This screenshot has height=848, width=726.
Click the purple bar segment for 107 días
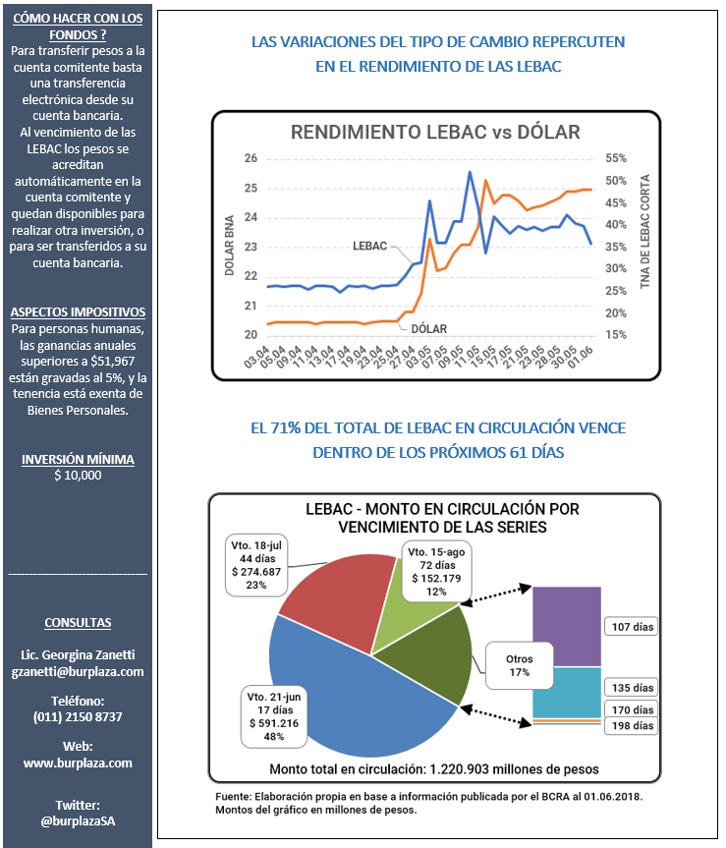567,626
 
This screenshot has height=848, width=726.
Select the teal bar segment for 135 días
567,693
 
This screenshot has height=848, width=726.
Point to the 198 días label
633,726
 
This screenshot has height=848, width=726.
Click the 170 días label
633,709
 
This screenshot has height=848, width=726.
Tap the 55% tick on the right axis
616,158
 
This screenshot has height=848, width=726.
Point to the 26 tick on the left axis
251,158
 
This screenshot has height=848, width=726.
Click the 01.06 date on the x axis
581,357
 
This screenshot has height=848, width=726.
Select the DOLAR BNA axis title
229,246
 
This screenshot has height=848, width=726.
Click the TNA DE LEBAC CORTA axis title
644,232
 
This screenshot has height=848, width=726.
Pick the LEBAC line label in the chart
369,246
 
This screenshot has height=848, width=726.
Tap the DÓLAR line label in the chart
429,329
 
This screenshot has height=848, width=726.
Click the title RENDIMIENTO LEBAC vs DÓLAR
435,133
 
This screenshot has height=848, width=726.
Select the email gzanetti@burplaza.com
78,672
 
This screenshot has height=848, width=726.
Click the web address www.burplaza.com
78,763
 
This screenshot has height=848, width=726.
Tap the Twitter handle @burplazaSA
78,820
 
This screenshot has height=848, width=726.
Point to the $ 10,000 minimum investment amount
78,476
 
